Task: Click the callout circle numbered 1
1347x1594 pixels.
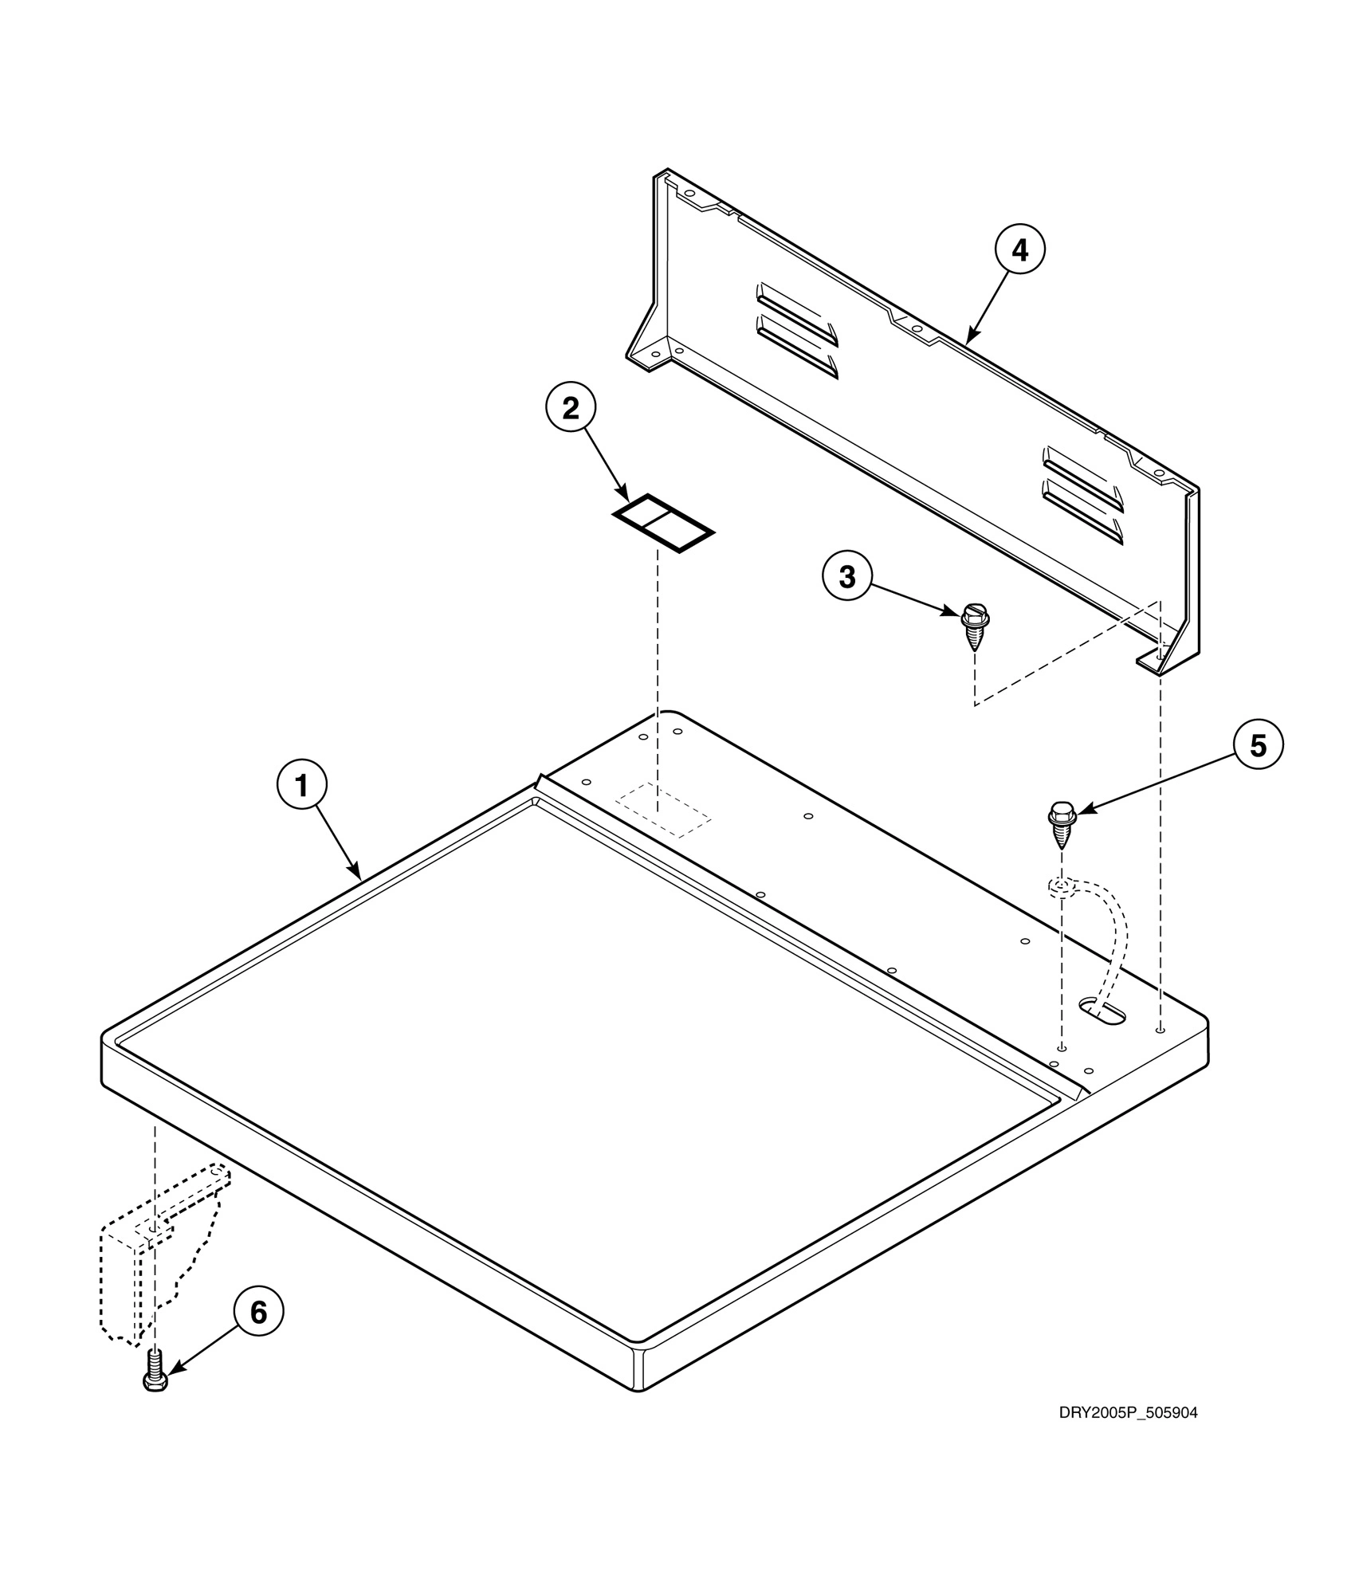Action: coord(301,786)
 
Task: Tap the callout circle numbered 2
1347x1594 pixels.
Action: coord(571,408)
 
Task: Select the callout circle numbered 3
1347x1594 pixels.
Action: coord(847,576)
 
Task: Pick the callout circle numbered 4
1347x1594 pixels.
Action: coord(1019,250)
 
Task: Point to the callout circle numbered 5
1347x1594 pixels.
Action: coord(1258,745)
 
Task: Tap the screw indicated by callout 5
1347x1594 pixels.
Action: coord(1062,826)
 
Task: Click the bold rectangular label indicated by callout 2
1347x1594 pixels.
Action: coord(663,523)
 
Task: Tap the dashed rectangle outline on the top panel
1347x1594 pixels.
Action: coord(663,810)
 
